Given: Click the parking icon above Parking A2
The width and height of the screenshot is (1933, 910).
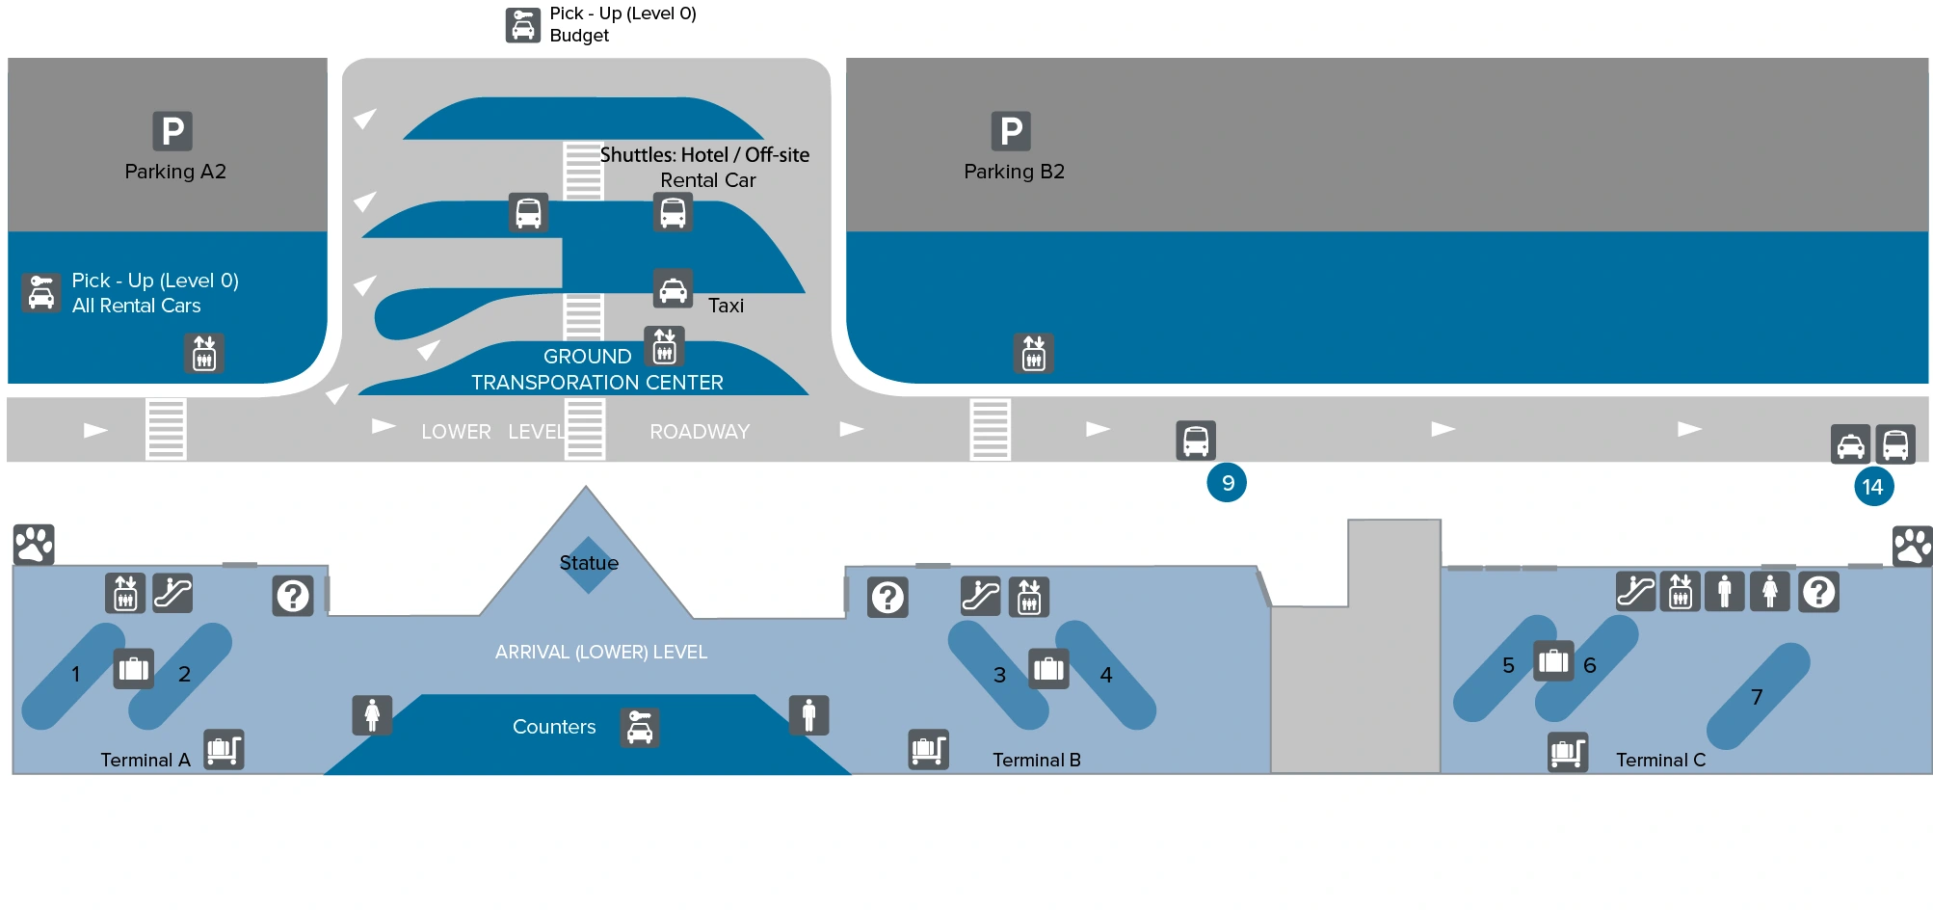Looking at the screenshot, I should click(172, 131).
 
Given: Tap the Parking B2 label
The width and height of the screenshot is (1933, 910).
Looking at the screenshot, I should click(1014, 172).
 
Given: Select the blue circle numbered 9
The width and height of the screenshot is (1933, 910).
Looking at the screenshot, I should click(1227, 483).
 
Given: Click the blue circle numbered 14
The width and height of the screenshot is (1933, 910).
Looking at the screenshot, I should click(1873, 487).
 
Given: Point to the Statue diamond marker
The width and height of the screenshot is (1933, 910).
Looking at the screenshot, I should click(588, 563).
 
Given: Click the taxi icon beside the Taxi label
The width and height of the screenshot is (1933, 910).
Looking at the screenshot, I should click(673, 288).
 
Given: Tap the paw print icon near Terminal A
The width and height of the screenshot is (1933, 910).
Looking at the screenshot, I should click(34, 545).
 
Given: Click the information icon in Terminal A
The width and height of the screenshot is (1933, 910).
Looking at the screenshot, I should click(293, 597).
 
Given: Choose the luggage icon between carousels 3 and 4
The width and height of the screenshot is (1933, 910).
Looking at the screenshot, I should click(1048, 668).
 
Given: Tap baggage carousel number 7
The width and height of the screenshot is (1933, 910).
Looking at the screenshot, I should click(1758, 696).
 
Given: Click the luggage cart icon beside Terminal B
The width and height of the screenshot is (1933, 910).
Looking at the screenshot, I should click(929, 749).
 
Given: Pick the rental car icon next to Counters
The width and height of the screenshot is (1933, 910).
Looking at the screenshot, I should click(640, 728).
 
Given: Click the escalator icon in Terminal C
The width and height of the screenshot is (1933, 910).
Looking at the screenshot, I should click(1635, 592).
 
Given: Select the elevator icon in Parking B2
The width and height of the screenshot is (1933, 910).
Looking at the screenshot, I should click(1034, 354).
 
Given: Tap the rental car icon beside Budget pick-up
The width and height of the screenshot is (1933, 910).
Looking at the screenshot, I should click(523, 25).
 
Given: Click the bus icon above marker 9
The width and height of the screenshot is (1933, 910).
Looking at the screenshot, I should click(1196, 441).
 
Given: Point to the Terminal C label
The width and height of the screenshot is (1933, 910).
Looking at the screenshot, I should click(1660, 760).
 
